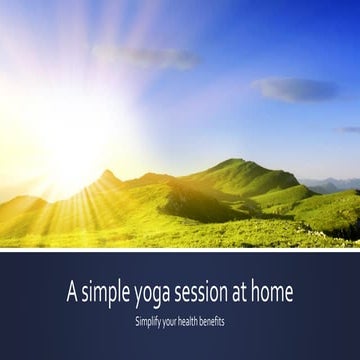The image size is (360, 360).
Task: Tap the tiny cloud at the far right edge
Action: point(350,129)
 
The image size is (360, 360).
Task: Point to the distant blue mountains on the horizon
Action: point(335,183)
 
